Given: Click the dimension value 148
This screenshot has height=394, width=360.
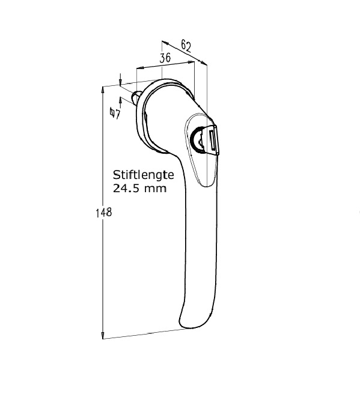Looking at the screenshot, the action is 104,213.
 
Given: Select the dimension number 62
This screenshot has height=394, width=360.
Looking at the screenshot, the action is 186,46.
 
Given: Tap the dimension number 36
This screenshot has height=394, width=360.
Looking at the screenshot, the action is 165,58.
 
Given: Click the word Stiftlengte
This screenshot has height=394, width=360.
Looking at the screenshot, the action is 143,175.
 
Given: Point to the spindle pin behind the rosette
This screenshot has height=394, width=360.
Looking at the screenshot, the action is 135,97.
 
